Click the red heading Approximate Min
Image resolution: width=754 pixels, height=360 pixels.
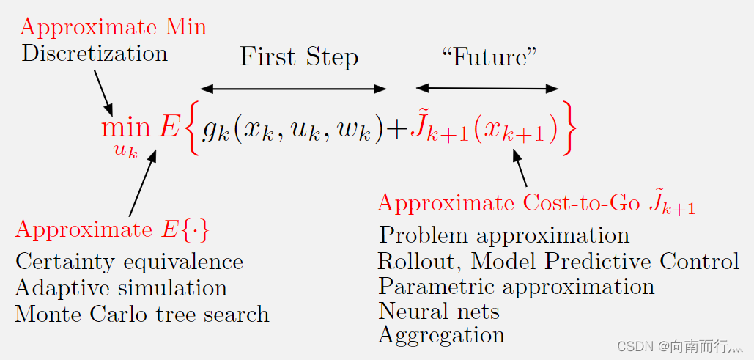coord(113,27)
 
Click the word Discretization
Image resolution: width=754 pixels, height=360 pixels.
coord(95,54)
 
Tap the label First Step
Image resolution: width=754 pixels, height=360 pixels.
coord(299,57)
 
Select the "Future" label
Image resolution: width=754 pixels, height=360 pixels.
coord(485,57)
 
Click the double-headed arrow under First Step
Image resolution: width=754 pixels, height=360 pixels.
coord(293,89)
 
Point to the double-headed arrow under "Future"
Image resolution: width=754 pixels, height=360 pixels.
coord(487,89)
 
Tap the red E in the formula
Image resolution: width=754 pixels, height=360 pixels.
coord(169,128)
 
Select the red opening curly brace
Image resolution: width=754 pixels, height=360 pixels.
coord(192,130)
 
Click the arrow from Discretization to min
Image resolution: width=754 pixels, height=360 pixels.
coord(103,92)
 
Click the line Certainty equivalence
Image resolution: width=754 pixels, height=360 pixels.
coord(129,262)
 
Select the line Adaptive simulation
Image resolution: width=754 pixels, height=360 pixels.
coord(121,288)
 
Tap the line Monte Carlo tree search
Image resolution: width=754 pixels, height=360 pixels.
coord(142,315)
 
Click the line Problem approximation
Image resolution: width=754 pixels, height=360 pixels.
coord(504,235)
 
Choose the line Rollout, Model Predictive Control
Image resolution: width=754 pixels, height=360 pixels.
coord(558,261)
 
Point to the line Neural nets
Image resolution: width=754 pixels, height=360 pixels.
coord(439,311)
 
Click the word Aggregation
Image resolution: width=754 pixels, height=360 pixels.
coord(441,335)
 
